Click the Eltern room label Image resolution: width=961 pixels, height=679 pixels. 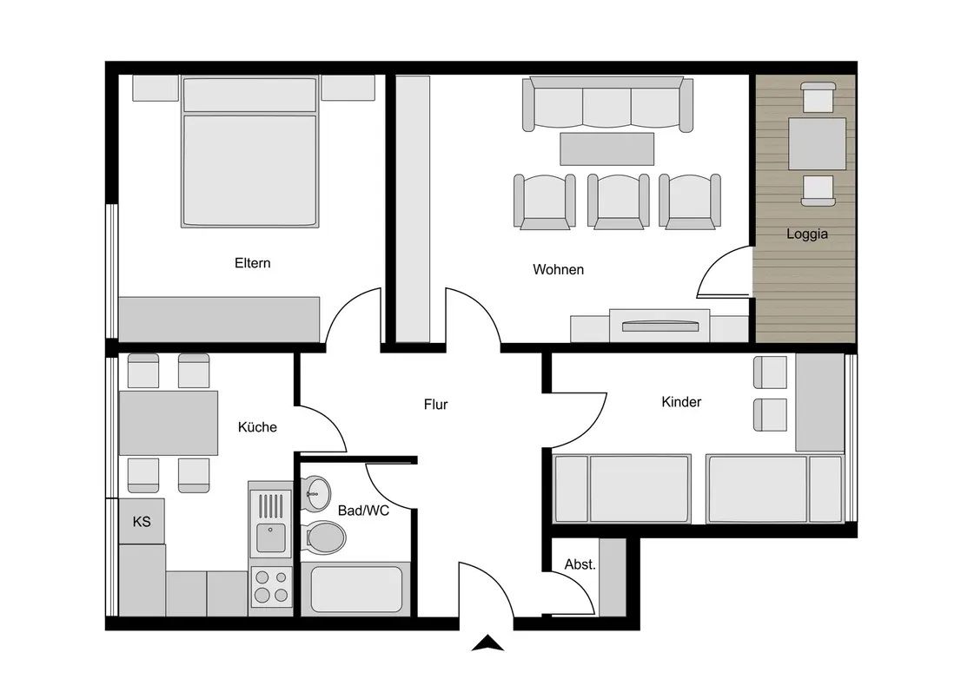point(252,263)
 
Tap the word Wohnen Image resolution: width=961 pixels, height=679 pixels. point(558,269)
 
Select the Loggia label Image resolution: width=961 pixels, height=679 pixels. point(807,234)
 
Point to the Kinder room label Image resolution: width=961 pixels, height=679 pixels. point(681,402)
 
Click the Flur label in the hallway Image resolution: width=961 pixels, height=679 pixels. point(435,405)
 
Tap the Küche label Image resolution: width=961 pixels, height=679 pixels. point(257,426)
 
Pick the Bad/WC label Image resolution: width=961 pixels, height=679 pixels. point(363,511)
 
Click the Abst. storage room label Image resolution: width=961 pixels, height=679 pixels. point(580,564)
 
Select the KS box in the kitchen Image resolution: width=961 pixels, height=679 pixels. point(141,522)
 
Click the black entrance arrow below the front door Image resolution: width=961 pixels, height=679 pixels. point(488,643)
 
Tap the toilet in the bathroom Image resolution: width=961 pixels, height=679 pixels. point(326,537)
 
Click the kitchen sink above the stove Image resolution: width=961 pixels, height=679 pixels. point(271,524)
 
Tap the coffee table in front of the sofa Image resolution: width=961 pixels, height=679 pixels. point(606,148)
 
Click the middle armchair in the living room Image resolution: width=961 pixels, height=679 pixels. point(618,201)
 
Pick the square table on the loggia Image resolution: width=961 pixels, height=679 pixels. point(817,143)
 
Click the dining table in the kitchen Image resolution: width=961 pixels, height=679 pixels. point(169,423)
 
